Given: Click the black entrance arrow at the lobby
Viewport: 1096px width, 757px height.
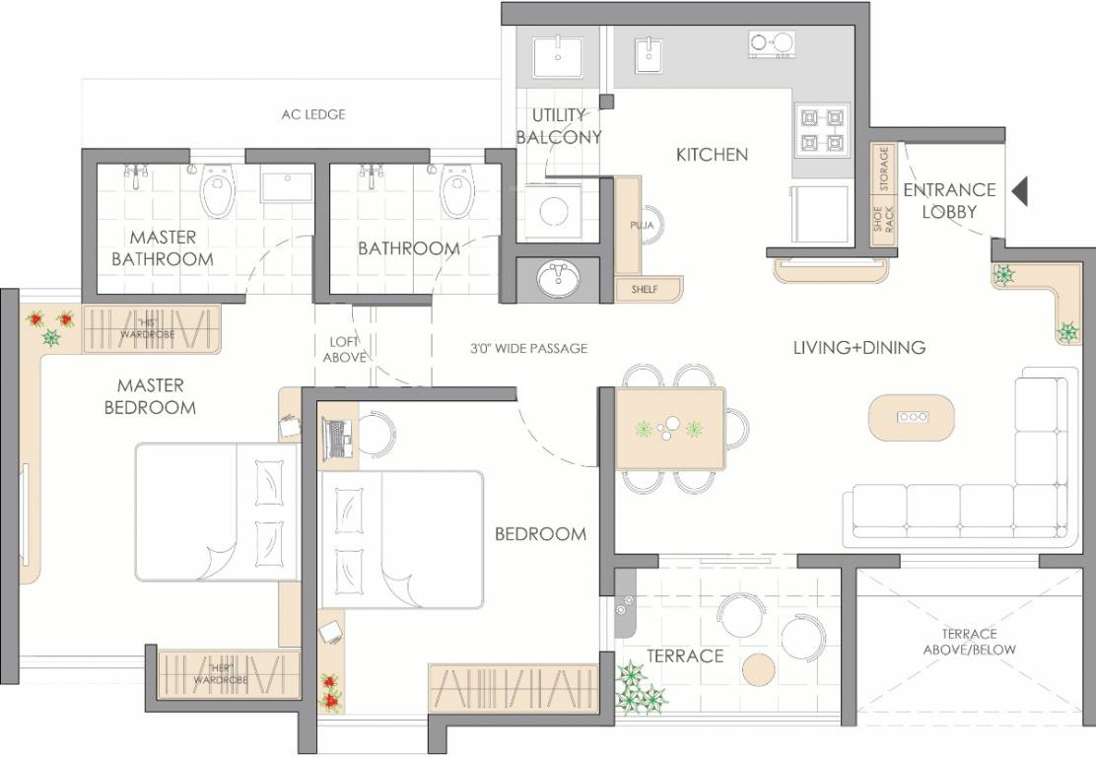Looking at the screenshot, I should [x=1020, y=190].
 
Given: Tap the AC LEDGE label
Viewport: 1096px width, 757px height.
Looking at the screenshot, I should [x=313, y=114].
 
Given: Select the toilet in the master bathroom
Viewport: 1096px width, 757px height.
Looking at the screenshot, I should [x=218, y=192].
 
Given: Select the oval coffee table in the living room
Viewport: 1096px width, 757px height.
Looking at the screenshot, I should [x=911, y=418].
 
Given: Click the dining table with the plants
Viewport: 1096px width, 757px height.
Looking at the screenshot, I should [x=670, y=428].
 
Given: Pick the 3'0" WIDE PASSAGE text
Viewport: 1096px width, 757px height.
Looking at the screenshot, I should [x=529, y=348].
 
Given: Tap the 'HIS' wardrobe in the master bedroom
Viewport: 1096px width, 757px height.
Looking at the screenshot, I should [x=152, y=328].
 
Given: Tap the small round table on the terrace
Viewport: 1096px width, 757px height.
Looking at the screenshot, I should [x=760, y=671].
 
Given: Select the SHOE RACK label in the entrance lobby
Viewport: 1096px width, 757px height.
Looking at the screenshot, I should [x=883, y=223].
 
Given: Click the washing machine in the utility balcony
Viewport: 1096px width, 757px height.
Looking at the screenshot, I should [x=554, y=213].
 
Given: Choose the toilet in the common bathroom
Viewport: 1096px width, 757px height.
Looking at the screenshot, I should [x=456, y=191].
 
